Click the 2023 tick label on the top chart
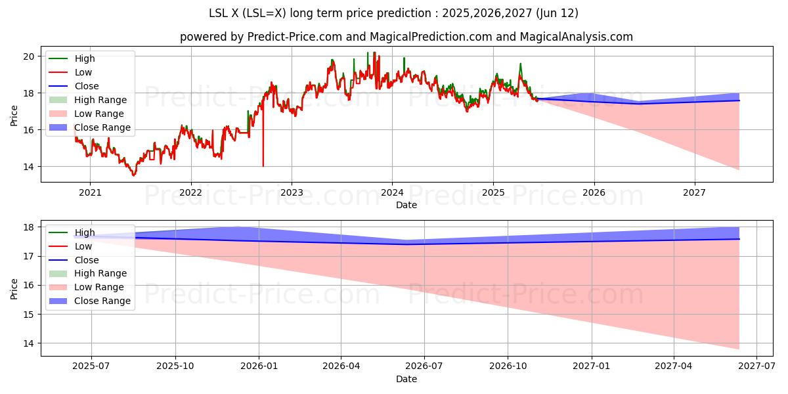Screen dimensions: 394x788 292,193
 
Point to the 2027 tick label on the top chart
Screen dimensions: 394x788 695,193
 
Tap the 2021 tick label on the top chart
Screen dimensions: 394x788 90,193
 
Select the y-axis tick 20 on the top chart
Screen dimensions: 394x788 28,56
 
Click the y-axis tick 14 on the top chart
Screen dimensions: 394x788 28,167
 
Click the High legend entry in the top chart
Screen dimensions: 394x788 85,58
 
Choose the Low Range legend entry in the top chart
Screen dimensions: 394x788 98,114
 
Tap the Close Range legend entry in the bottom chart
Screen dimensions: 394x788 102,301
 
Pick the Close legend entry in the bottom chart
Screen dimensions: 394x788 87,260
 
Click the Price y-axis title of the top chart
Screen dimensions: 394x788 14,115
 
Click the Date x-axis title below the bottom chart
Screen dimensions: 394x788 406,379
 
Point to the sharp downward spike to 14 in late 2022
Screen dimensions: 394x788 263,164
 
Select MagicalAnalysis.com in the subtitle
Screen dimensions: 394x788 577,37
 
